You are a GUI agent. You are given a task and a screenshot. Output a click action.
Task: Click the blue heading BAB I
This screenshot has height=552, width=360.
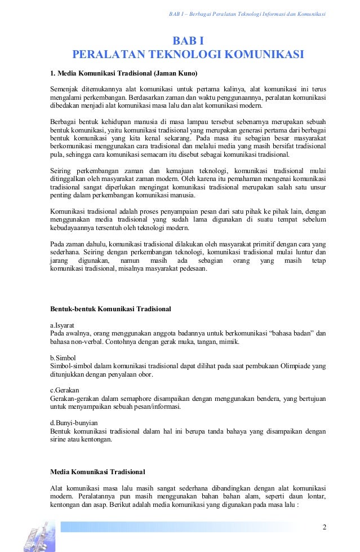click(188, 41)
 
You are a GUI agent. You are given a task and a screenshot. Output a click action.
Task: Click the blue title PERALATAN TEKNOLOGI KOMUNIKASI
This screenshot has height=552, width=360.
click(188, 55)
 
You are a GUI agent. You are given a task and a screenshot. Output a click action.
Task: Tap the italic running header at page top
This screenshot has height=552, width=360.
click(247, 14)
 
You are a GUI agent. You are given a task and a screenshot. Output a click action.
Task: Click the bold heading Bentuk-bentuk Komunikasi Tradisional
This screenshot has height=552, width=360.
click(111, 309)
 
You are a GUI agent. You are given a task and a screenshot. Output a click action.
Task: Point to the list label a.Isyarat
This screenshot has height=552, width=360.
click(63, 325)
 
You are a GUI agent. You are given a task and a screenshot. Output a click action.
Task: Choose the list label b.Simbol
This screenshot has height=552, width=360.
click(63, 357)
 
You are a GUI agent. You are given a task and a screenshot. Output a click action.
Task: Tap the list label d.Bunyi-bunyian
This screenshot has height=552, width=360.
click(74, 422)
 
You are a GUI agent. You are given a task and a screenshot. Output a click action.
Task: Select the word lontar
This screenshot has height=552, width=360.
click(315, 496)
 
